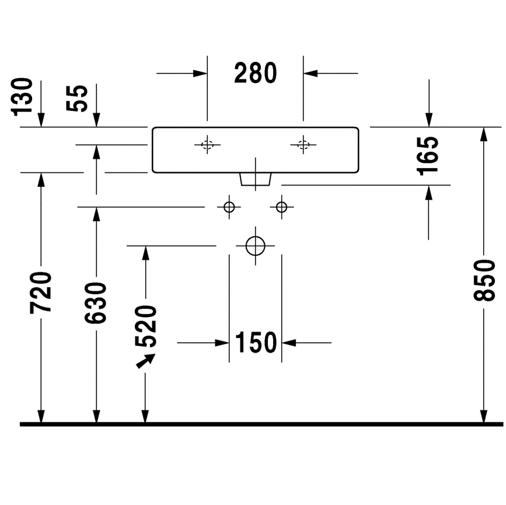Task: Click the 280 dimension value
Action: tap(255, 73)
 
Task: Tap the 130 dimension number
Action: tap(22, 97)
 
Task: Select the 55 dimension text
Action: tap(77, 99)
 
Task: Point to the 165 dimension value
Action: tap(428, 156)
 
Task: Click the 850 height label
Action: tap(484, 281)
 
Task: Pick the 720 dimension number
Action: tap(41, 293)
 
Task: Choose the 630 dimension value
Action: tap(96, 303)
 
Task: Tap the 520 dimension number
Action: tap(145, 326)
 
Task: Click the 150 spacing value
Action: tap(256, 343)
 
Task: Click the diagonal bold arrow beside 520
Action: tap(145, 361)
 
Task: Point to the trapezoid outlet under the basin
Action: tap(255, 180)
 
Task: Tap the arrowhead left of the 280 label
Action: tap(200, 74)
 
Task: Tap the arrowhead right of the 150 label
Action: tap(289, 343)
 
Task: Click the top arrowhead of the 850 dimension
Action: tap(483, 134)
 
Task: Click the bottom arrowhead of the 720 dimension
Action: tap(41, 416)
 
